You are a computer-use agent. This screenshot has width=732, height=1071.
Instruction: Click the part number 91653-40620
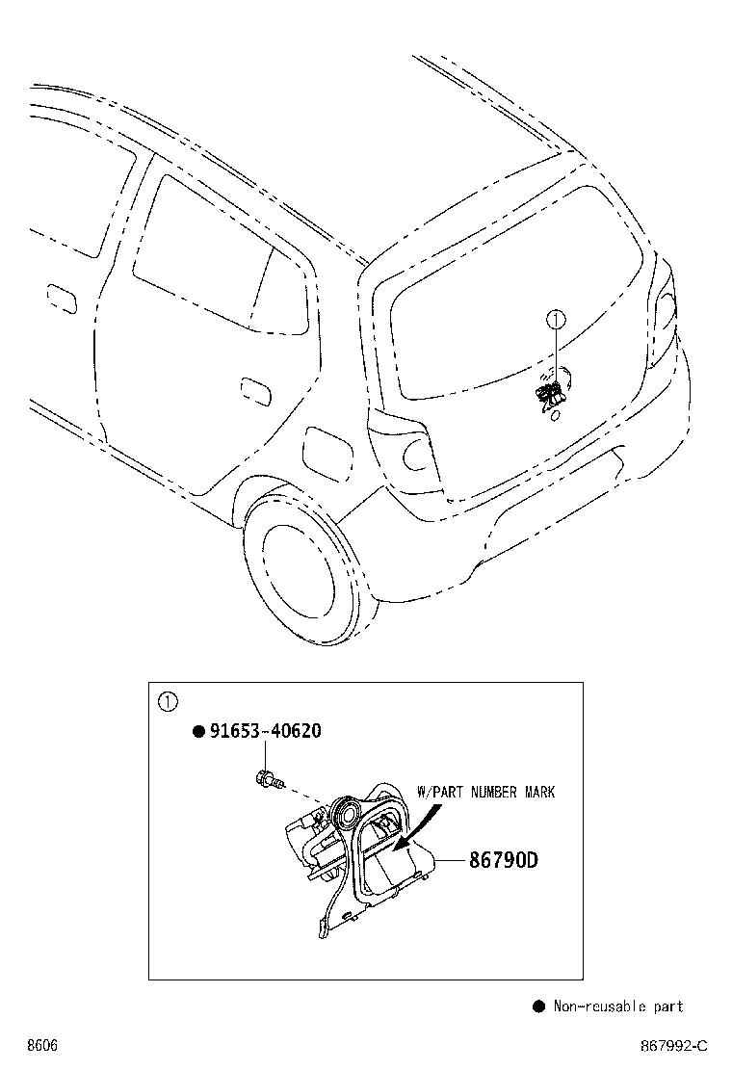pyautogui.click(x=265, y=731)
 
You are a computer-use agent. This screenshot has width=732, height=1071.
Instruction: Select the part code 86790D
pyautogui.click(x=503, y=859)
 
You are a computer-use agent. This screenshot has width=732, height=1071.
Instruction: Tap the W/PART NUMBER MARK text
pyautogui.click(x=485, y=792)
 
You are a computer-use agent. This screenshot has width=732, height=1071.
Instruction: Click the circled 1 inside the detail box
pyautogui.click(x=168, y=701)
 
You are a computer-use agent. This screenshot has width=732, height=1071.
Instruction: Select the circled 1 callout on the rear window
pyautogui.click(x=556, y=318)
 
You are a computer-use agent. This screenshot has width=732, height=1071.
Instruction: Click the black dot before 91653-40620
pyautogui.click(x=198, y=732)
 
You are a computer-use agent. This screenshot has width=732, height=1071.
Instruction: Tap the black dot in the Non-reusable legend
pyautogui.click(x=538, y=1006)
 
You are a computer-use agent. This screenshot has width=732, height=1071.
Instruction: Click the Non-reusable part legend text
pyautogui.click(x=618, y=1006)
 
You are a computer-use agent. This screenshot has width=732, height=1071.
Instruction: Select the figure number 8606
pyautogui.click(x=42, y=1046)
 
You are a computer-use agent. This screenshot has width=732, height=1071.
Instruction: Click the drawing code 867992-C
pyautogui.click(x=674, y=1046)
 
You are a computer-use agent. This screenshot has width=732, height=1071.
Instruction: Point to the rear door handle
pyautogui.click(x=255, y=390)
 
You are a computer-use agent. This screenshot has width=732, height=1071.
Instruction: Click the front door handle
pyautogui.click(x=62, y=299)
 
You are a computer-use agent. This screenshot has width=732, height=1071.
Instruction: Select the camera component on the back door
pyautogui.click(x=550, y=396)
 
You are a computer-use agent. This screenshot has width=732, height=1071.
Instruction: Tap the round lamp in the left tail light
pyautogui.click(x=414, y=456)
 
